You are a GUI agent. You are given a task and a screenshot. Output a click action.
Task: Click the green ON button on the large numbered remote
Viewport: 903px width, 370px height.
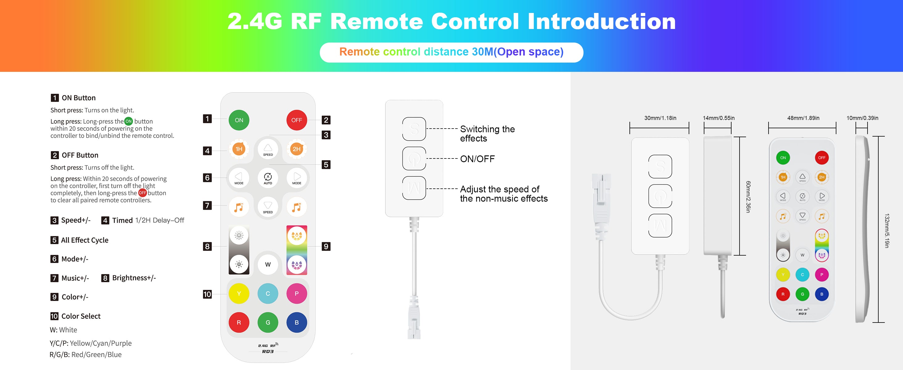coord(239,120)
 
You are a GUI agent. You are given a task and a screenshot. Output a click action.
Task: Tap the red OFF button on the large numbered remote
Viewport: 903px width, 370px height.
coord(297,120)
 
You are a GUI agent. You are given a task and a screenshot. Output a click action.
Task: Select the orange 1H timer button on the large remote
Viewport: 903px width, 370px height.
coord(239,149)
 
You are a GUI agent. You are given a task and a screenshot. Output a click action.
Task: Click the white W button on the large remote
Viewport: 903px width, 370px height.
coord(268,265)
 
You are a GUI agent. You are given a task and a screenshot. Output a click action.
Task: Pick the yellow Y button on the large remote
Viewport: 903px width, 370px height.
coord(239,294)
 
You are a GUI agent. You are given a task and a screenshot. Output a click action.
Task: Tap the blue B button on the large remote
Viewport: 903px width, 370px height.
coord(297,322)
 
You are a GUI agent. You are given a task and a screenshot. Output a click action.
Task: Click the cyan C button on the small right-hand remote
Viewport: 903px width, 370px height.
coord(802,275)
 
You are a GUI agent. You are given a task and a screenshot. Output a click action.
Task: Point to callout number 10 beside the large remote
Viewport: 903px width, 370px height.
coord(207,294)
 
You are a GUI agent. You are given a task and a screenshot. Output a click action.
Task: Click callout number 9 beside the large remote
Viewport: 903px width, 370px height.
coord(326,246)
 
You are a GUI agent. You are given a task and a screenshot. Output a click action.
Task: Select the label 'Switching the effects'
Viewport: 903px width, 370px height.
coord(487,134)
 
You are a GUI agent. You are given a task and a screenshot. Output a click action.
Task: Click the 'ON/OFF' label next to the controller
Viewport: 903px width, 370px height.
coord(477,159)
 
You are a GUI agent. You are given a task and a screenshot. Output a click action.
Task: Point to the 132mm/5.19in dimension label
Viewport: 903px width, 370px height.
coord(887,231)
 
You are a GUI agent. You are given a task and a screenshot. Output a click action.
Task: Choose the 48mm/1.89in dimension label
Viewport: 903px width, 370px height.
coord(803,118)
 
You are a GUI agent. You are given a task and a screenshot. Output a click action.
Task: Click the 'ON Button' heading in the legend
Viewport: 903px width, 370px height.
coord(79,98)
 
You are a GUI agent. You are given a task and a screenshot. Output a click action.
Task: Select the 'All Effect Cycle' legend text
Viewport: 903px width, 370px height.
coord(85,240)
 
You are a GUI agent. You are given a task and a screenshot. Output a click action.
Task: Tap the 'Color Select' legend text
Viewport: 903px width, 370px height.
coord(80,316)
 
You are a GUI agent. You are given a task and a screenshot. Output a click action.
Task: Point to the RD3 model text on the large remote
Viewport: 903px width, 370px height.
coord(268,351)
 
